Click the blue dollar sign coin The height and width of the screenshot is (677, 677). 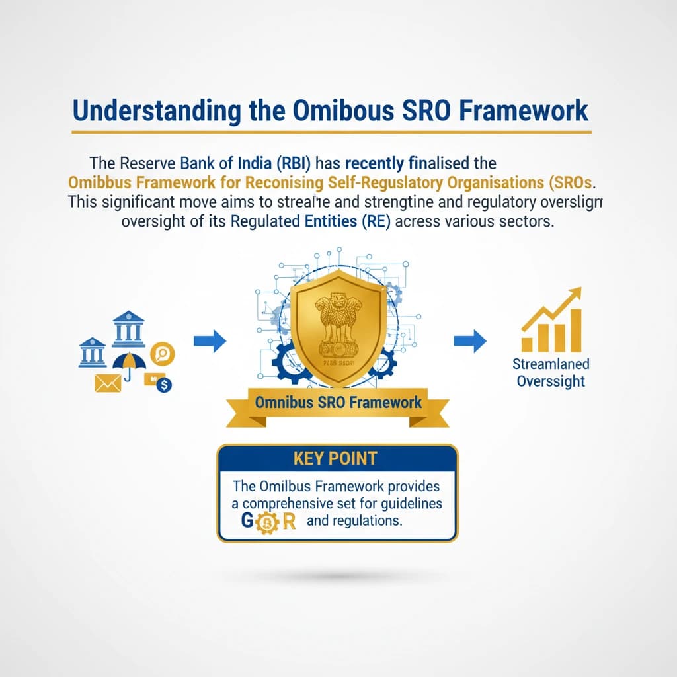click(x=163, y=384)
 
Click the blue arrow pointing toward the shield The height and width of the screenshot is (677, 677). click(x=210, y=341)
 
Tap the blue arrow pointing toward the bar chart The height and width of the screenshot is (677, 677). click(x=470, y=341)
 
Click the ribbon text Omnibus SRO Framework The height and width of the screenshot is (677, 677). click(x=338, y=402)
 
